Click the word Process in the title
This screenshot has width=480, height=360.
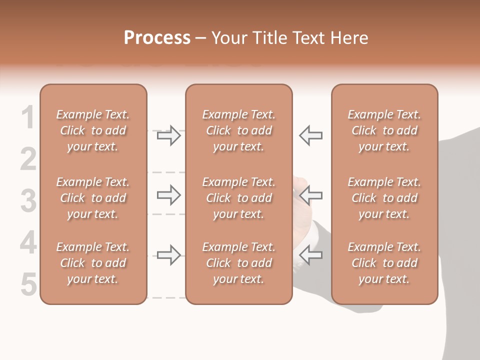(157, 38)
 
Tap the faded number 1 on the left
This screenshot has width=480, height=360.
(28, 118)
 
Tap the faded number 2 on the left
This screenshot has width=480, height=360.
(28, 159)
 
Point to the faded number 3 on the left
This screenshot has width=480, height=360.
(28, 201)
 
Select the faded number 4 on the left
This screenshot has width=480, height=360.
(28, 243)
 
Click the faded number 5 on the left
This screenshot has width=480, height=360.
(28, 284)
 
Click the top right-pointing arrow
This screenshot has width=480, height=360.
(168, 135)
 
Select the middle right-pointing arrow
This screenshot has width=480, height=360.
(168, 195)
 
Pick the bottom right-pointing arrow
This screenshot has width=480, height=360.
(168, 255)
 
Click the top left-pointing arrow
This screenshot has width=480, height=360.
(310, 135)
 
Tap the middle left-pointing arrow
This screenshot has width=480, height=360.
(310, 195)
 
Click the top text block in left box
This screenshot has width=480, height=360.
(93, 130)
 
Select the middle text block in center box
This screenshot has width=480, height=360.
(238, 198)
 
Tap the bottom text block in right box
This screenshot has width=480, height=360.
(384, 263)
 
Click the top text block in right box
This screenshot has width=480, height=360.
(384, 130)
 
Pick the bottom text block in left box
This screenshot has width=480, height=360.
(93, 263)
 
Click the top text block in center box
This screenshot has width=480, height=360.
(238, 130)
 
